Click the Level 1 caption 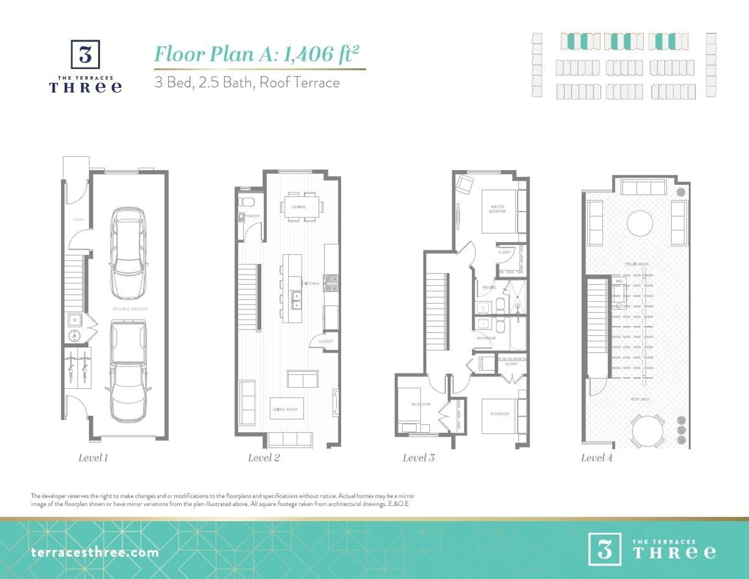[x=93, y=458]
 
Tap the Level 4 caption [x=596, y=458]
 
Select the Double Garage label [x=130, y=309]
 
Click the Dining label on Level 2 [x=298, y=207]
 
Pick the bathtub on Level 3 [x=518, y=333]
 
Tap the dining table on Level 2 [x=301, y=207]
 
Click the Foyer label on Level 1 [x=79, y=219]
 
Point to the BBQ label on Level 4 [x=619, y=281]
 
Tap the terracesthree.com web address [x=95, y=553]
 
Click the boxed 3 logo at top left [x=85, y=54]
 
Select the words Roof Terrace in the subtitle [x=299, y=83]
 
